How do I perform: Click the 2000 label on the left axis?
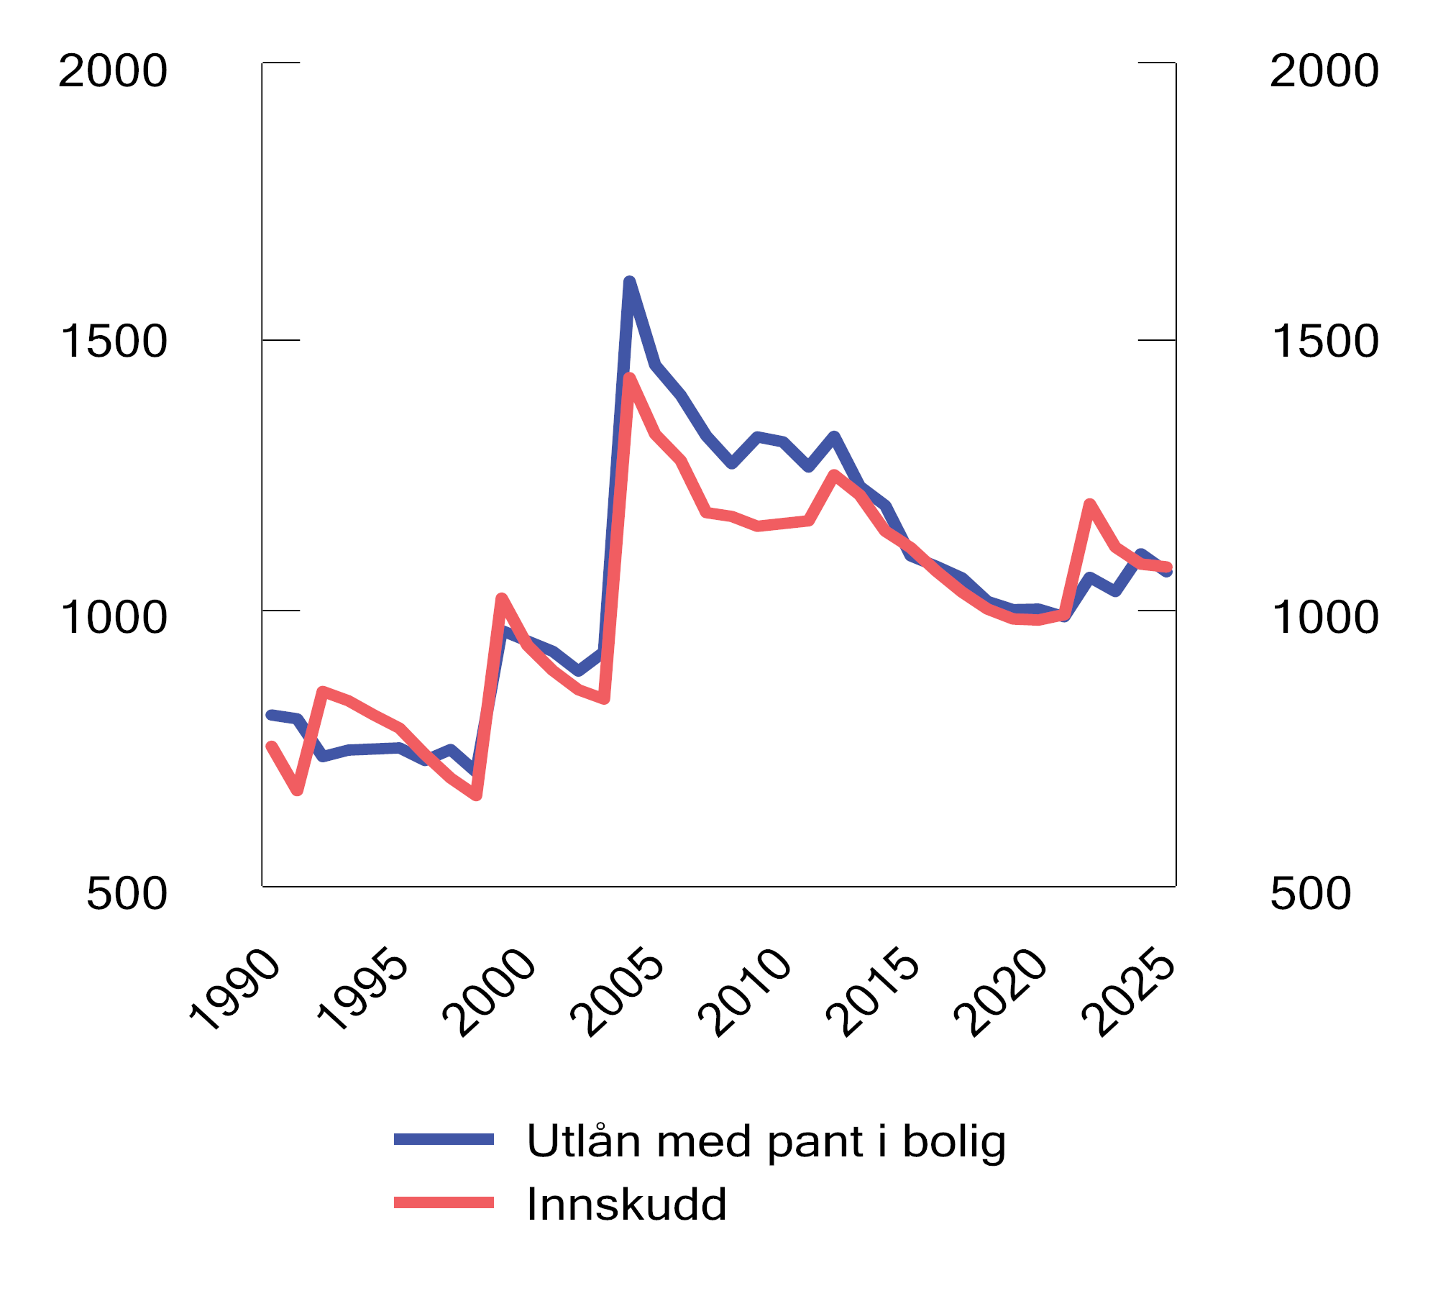[112, 71]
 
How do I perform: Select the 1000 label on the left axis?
[114, 617]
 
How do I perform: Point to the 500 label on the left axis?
[127, 894]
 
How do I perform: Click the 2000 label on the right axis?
[1324, 71]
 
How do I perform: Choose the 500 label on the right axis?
[1311, 894]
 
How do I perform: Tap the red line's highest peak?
[629, 378]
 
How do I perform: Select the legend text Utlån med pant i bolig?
[766, 1141]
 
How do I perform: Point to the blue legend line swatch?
[444, 1139]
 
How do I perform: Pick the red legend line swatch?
[444, 1202]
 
